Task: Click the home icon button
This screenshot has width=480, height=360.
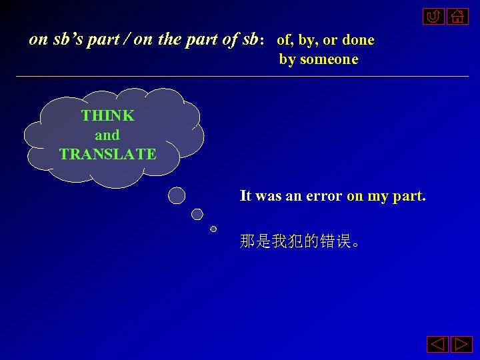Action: (458, 16)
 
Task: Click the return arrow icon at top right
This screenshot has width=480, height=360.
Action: (433, 16)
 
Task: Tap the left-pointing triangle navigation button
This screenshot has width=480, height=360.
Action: (437, 345)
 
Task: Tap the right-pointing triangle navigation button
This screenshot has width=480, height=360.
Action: (461, 345)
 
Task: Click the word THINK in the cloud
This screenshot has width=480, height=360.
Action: (107, 115)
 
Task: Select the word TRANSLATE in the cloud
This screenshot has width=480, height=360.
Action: (107, 155)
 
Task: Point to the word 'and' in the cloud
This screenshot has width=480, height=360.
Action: (107, 135)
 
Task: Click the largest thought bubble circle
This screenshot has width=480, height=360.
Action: (177, 195)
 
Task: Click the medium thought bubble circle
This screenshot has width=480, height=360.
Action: (197, 214)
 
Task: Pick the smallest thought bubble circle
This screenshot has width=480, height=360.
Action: (213, 229)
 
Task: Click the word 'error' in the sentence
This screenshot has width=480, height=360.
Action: (325, 196)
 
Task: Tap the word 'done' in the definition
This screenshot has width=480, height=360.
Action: (358, 40)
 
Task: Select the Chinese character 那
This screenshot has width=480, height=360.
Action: (247, 241)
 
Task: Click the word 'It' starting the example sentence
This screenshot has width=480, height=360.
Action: (245, 196)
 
